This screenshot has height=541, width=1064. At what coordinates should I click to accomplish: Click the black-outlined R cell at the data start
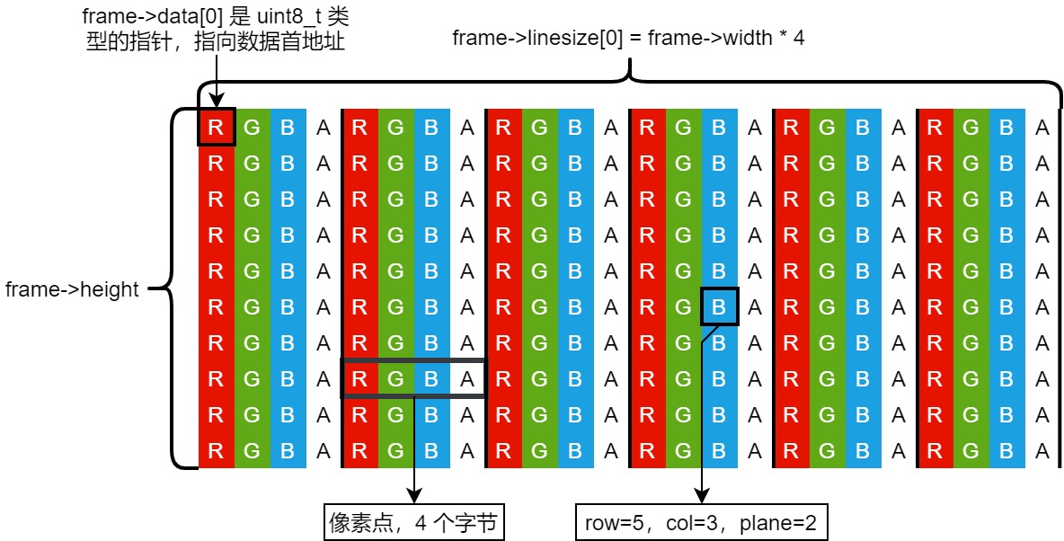pyautogui.click(x=216, y=128)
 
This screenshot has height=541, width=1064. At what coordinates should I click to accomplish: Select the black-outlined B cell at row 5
pyautogui.click(x=719, y=307)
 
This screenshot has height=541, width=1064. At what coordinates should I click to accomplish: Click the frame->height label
pyautogui.click(x=72, y=289)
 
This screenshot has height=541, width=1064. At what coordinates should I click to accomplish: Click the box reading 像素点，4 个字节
pyautogui.click(x=412, y=522)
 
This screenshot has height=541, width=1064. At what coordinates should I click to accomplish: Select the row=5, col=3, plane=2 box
pyautogui.click(x=700, y=522)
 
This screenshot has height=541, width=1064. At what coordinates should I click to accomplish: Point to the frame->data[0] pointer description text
pyautogui.click(x=213, y=29)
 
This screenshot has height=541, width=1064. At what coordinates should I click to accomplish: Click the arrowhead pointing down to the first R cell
pyautogui.click(x=216, y=101)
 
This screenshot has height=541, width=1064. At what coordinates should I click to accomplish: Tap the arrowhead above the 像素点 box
pyautogui.click(x=413, y=496)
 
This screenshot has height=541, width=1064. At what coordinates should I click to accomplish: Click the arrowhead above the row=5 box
pyautogui.click(x=701, y=496)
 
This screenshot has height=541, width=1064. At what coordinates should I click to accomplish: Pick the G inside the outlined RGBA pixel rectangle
pyautogui.click(x=395, y=379)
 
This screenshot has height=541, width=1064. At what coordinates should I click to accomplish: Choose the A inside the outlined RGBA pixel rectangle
pyautogui.click(x=467, y=379)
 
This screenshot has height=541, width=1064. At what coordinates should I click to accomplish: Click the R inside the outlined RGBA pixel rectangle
pyautogui.click(x=359, y=379)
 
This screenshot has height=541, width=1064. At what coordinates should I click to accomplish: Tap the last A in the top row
pyautogui.click(x=1042, y=128)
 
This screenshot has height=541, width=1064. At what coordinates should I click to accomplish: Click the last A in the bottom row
pyautogui.click(x=1042, y=451)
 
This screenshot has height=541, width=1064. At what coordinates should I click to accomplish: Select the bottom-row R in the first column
pyautogui.click(x=216, y=451)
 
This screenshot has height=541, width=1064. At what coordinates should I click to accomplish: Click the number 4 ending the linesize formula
pyautogui.click(x=798, y=38)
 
